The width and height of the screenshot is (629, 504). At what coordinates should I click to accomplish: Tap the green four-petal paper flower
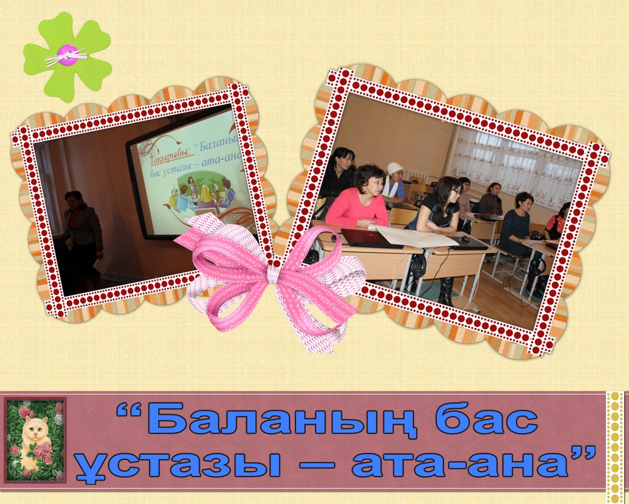tap(68, 57)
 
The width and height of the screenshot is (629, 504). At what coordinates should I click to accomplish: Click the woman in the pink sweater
tap(358, 199)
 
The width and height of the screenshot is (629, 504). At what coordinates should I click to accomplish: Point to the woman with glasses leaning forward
tap(437, 205)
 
